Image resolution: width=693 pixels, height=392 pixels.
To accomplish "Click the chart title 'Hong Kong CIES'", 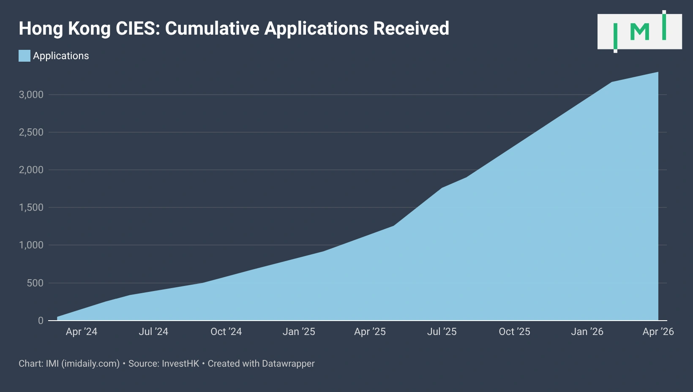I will (x=234, y=29).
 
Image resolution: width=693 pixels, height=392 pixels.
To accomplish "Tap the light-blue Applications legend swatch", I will (x=25, y=56).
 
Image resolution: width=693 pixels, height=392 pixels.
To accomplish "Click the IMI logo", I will (x=639, y=32).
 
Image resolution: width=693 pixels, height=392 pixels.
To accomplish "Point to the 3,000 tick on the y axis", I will (x=31, y=95).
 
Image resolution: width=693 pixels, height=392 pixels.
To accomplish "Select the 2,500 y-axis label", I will (x=31, y=132).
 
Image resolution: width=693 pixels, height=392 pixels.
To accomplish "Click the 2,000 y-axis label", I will (x=31, y=170).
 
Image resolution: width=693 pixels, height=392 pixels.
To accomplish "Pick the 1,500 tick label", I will (x=31, y=207).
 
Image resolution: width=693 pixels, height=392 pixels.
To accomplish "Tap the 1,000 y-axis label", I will (x=31, y=245).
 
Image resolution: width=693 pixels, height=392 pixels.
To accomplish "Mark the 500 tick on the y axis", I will (x=35, y=283).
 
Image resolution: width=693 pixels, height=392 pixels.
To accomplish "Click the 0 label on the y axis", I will (x=41, y=321).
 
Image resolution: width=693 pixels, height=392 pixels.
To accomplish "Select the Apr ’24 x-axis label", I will (x=82, y=332).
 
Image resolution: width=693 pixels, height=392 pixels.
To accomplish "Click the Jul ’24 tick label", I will (x=153, y=332).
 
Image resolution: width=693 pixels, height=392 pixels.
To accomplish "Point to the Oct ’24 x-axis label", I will (x=226, y=332).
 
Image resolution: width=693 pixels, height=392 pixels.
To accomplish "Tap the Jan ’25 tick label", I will (x=299, y=332).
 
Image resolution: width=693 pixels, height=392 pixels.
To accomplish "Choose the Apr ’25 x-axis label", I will (x=370, y=332).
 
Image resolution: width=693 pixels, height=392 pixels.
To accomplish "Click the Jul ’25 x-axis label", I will (x=442, y=332).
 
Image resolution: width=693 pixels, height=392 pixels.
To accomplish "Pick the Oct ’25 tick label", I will (x=514, y=332).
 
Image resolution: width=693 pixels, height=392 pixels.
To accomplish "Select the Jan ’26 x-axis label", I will (x=587, y=332).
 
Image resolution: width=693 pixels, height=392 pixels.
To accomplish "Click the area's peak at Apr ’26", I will (x=658, y=72).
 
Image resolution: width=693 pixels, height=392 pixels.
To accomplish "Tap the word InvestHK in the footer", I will (x=180, y=364).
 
